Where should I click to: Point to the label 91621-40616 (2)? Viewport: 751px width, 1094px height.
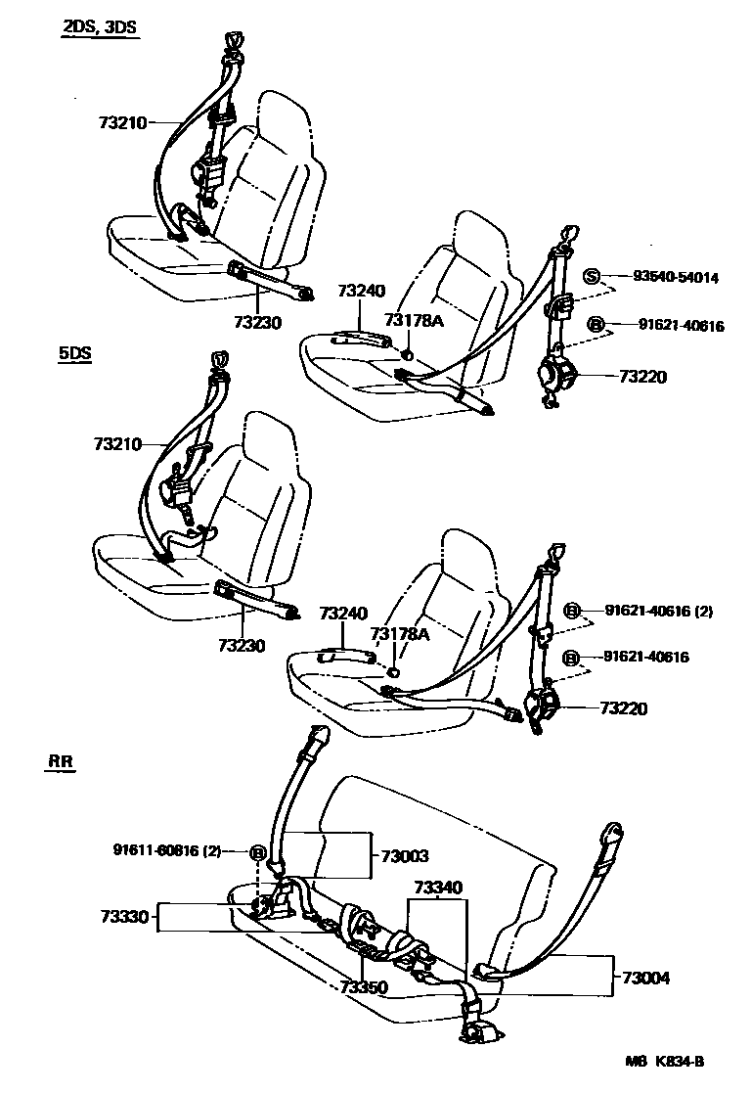658,612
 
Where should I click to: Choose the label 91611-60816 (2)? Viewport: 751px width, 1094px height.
172,850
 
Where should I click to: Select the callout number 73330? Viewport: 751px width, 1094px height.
123,917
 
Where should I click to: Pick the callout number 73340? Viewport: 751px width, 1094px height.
440,888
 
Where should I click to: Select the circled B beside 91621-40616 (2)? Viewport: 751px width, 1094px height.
572,612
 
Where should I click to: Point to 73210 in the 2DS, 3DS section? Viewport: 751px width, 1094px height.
122,123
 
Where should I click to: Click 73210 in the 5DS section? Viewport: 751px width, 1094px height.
118,443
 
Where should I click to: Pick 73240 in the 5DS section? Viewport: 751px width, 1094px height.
343,614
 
